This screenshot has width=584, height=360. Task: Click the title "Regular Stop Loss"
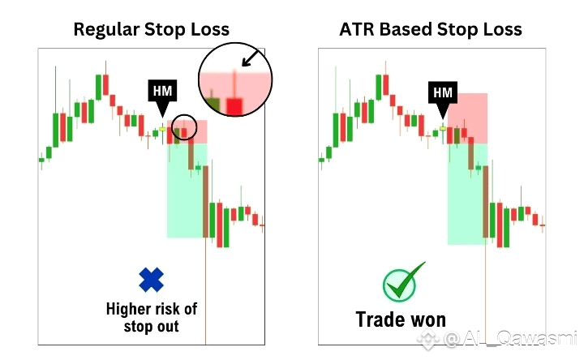tap(151, 29)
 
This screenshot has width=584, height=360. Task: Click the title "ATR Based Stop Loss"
tap(431, 29)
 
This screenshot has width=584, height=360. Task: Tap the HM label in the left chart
tap(162, 91)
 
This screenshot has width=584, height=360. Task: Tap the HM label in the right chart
tap(443, 92)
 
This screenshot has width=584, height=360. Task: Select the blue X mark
tap(151, 280)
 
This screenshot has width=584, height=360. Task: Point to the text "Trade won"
tap(401, 319)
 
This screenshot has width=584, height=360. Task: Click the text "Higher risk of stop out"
tap(151, 318)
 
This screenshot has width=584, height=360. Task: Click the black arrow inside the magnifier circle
tap(251, 58)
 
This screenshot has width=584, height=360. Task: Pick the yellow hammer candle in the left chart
tap(162, 129)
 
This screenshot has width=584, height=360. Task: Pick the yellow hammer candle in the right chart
tap(443, 129)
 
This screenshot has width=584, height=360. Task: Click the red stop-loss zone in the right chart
tap(467, 118)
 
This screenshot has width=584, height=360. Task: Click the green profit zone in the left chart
tap(187, 191)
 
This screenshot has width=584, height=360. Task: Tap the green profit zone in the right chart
tap(467, 194)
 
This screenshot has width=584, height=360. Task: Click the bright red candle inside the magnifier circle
tap(234, 106)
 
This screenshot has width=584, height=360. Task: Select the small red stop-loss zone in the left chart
tap(187, 132)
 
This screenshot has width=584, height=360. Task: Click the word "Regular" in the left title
tap(106, 29)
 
